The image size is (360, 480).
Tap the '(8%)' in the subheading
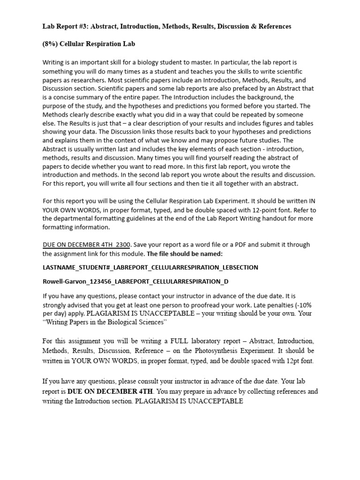pos(50,44)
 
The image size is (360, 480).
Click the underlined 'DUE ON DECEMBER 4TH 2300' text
pos(86,245)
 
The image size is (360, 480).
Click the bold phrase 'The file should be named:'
pos(185,254)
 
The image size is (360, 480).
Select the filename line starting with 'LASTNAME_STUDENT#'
pos(150,267)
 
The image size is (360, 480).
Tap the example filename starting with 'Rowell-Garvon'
pos(136,281)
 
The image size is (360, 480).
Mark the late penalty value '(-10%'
pos(305,305)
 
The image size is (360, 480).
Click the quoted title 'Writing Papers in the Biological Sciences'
pos(105,322)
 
